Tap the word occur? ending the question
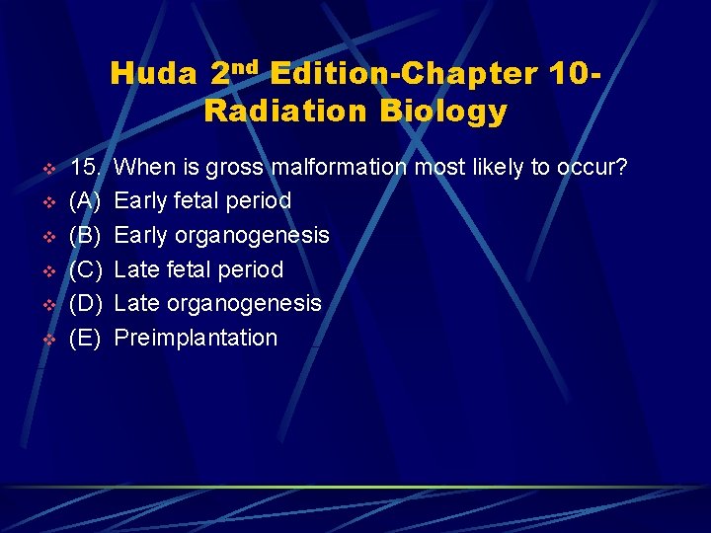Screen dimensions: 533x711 (592, 167)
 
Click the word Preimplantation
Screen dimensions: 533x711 (197, 338)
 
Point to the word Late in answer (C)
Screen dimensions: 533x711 (135, 269)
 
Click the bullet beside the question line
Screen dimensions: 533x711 (46, 168)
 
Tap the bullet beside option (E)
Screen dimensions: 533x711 (46, 339)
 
